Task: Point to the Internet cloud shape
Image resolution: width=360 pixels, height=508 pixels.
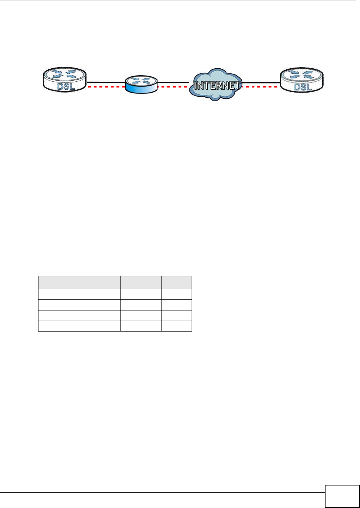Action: [x=217, y=84]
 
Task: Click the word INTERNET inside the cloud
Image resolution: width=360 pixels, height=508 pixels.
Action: [x=217, y=86]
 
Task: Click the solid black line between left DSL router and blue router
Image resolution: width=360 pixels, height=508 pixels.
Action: [x=106, y=82]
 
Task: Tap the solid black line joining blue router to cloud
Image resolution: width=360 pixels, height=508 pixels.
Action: [x=173, y=82]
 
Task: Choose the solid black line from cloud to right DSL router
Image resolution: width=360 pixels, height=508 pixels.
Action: [x=262, y=82]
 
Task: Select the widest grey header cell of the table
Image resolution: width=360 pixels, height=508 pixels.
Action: [x=79, y=282]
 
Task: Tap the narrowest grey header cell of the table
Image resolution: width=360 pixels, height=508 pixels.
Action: [x=176, y=282]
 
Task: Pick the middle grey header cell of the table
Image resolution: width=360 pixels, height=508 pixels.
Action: [x=141, y=282]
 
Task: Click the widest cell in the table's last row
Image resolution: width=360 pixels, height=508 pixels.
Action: [x=79, y=326]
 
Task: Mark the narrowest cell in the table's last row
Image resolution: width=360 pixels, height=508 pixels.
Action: [x=176, y=326]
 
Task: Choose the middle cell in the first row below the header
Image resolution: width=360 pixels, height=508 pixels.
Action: [x=141, y=294]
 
